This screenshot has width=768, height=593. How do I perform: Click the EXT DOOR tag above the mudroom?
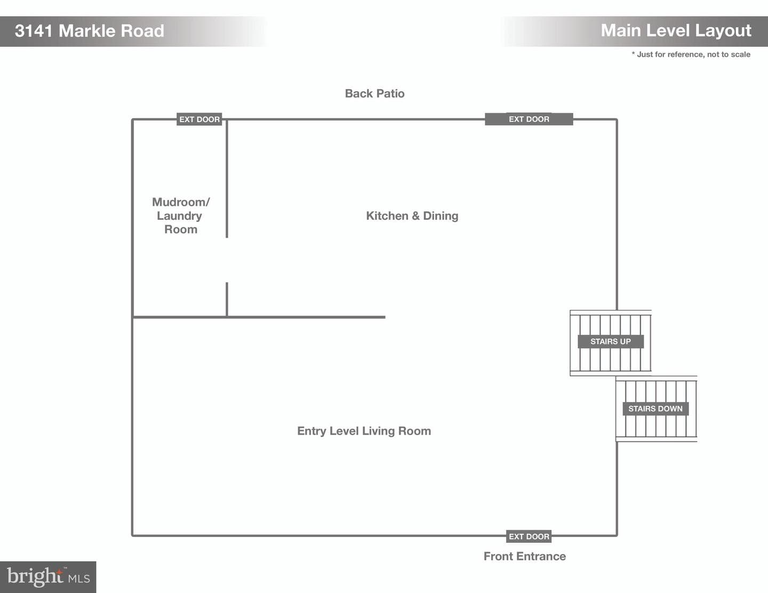click(199, 119)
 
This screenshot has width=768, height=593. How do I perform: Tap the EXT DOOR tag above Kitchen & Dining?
click(529, 119)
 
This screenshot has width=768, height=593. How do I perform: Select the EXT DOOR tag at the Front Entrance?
click(529, 536)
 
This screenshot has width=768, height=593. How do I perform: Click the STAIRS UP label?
click(610, 341)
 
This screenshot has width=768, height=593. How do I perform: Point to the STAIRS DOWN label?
click(655, 408)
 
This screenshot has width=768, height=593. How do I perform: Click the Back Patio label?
click(374, 93)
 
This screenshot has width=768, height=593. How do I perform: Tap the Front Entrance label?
click(524, 556)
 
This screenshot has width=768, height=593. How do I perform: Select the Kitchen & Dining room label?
click(412, 215)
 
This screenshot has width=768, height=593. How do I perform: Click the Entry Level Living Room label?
click(364, 431)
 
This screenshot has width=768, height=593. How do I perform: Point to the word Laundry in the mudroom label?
click(180, 215)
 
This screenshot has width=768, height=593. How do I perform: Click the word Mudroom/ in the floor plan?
click(181, 202)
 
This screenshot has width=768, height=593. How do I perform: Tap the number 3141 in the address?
click(34, 31)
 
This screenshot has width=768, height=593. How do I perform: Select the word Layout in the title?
click(723, 31)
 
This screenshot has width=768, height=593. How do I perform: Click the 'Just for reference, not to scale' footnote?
click(691, 54)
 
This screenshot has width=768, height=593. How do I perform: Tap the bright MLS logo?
click(48, 577)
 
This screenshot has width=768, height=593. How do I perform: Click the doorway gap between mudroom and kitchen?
click(227, 260)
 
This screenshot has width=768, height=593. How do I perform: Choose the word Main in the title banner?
click(621, 31)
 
